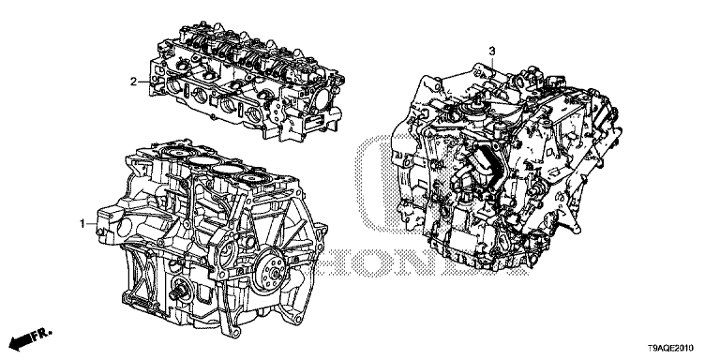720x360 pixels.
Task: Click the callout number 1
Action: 82,224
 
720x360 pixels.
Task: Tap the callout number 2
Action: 133,82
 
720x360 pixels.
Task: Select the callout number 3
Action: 492,50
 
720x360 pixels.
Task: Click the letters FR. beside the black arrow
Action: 42,335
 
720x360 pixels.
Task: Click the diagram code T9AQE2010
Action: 670,349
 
